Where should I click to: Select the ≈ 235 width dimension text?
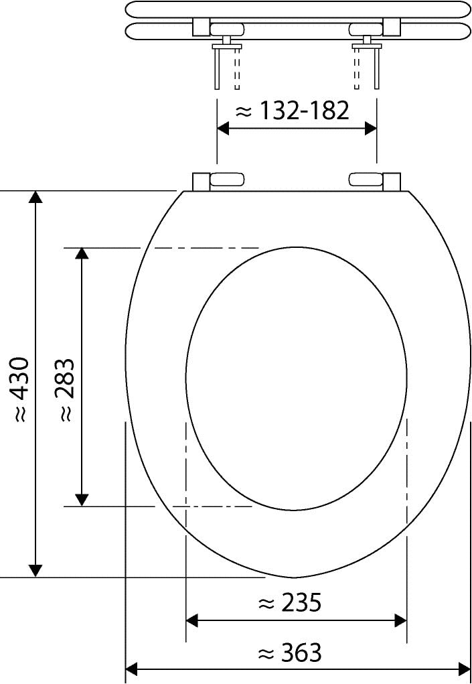point(289,603)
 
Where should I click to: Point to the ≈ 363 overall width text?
point(289,652)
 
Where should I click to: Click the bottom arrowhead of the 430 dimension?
point(36,570)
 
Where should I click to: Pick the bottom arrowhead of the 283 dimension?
point(82,500)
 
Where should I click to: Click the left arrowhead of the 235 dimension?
point(192,620)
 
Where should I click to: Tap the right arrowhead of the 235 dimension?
point(400,620)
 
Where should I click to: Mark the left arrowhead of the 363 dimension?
point(132,669)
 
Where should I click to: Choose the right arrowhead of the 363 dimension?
point(464,669)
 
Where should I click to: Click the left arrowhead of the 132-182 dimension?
point(224,129)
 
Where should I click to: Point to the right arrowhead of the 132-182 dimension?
point(370,129)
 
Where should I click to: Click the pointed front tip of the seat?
point(293,577)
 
